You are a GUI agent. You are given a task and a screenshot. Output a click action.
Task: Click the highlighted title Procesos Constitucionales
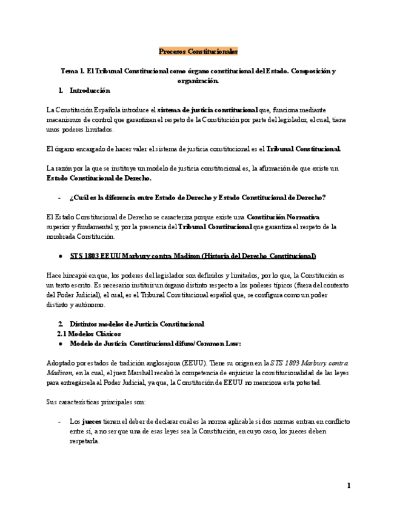pos(198,52)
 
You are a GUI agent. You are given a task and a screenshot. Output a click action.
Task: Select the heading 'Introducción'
pos(90,90)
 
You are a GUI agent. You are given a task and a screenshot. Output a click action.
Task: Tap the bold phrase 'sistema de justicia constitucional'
pos(207,110)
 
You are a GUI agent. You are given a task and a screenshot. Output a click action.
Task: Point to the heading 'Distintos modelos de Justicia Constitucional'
pos(137,323)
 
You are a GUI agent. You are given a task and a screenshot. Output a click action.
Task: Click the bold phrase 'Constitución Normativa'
pos(284,216)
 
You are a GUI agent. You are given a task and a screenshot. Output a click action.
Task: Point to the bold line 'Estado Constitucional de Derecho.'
pos(99,178)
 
